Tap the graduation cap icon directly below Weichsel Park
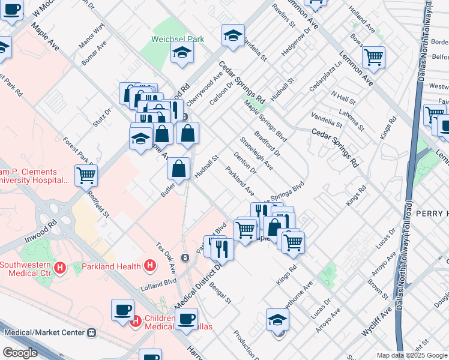182,53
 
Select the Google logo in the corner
20,353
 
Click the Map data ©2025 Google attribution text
412,355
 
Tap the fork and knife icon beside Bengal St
222,248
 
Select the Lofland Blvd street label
158,282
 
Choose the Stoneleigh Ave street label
256,153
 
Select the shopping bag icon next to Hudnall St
179,169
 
